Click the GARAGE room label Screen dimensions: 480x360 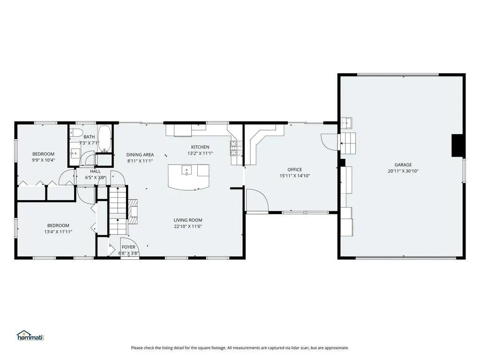[x=403, y=165]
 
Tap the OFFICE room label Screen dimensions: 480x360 [x=294, y=170]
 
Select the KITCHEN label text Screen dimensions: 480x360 [x=200, y=147]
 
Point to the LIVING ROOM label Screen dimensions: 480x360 [x=188, y=220]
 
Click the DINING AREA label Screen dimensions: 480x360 [x=140, y=155]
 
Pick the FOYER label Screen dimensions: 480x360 [x=128, y=247]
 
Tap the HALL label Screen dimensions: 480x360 [x=95, y=172]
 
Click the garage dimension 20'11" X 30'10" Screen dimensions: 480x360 [x=403, y=171]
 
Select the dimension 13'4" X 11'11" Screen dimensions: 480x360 [x=58, y=232]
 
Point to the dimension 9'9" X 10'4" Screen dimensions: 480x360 [x=44, y=160]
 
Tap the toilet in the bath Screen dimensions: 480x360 [x=75, y=132]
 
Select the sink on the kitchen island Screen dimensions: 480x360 [x=187, y=170]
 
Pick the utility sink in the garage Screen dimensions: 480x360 [x=346, y=123]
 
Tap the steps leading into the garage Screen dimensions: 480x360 [x=348, y=143]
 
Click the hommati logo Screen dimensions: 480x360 [x=30, y=336]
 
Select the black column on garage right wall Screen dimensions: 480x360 [x=457, y=146]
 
